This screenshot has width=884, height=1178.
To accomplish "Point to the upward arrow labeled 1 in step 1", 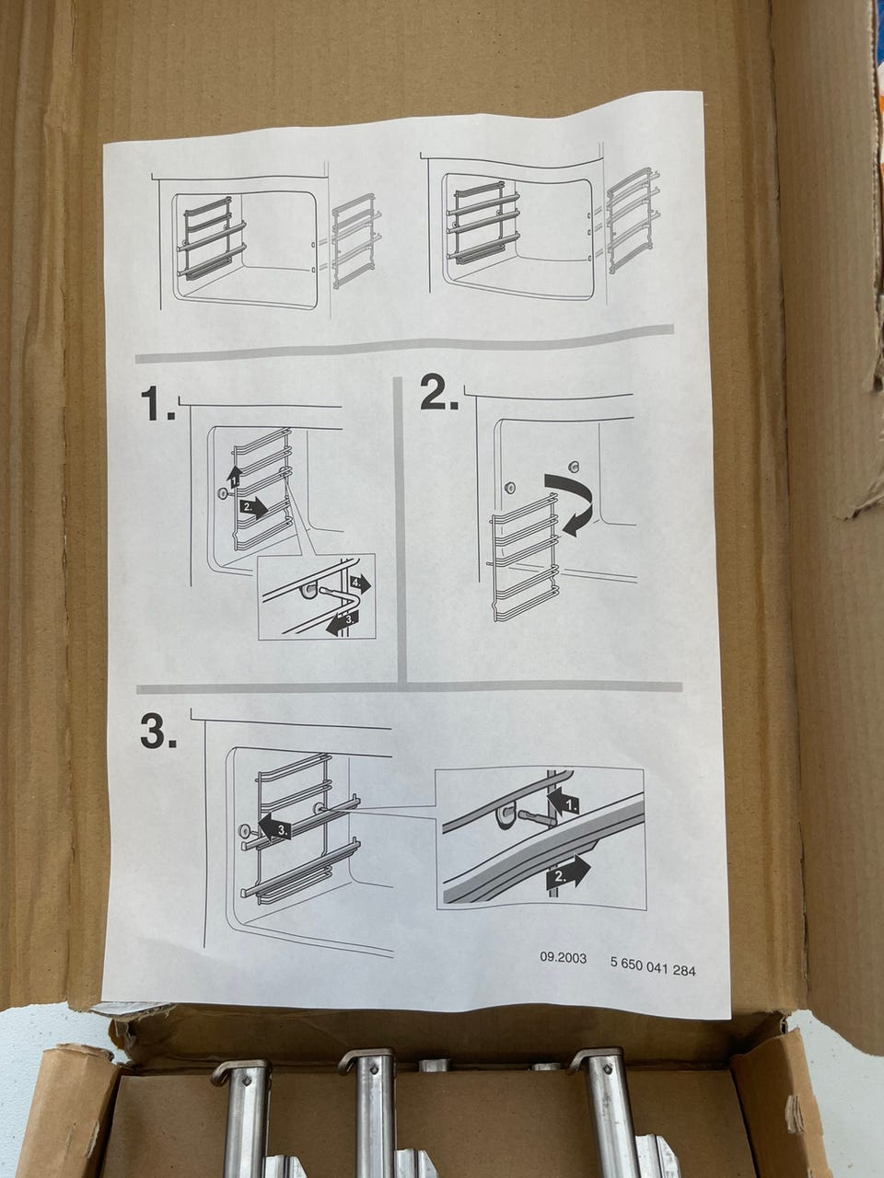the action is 234,476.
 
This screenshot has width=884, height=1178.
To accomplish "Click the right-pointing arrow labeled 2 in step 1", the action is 254,507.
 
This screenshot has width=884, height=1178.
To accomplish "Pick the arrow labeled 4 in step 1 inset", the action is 360,583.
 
